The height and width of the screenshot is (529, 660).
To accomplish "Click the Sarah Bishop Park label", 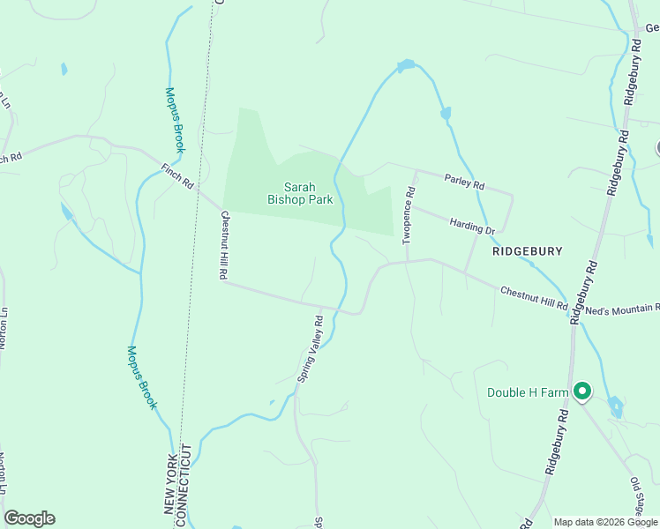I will click(300, 193).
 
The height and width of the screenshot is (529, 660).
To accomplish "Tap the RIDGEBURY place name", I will click(528, 251).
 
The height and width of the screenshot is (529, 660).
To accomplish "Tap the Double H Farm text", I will click(526, 391).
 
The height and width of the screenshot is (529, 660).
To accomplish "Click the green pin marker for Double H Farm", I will click(581, 391).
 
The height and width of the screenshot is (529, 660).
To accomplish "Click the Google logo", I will click(29, 518).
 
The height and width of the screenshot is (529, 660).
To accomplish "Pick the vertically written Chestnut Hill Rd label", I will click(223, 245).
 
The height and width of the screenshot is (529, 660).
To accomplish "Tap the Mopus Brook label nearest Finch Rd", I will click(175, 120).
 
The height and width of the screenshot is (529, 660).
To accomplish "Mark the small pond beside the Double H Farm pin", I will click(615, 406).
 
